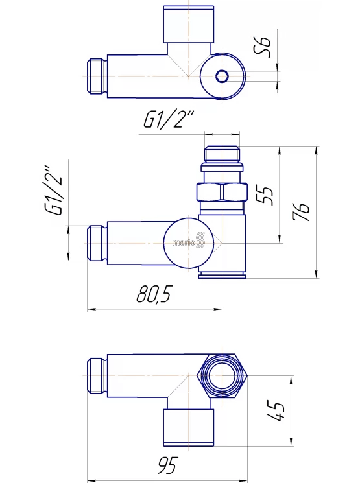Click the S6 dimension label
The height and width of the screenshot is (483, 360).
pos(263,47)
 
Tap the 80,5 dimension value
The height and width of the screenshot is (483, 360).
pos(153,294)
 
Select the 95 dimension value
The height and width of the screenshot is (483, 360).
pos(168,465)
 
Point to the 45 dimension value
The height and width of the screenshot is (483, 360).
pos(276,411)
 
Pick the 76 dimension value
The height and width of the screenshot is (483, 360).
pos(301,211)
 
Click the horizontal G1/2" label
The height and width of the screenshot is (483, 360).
pos(169,119)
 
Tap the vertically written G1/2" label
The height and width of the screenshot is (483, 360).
pos(54,191)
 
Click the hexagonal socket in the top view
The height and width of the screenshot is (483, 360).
pos(221,76)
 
